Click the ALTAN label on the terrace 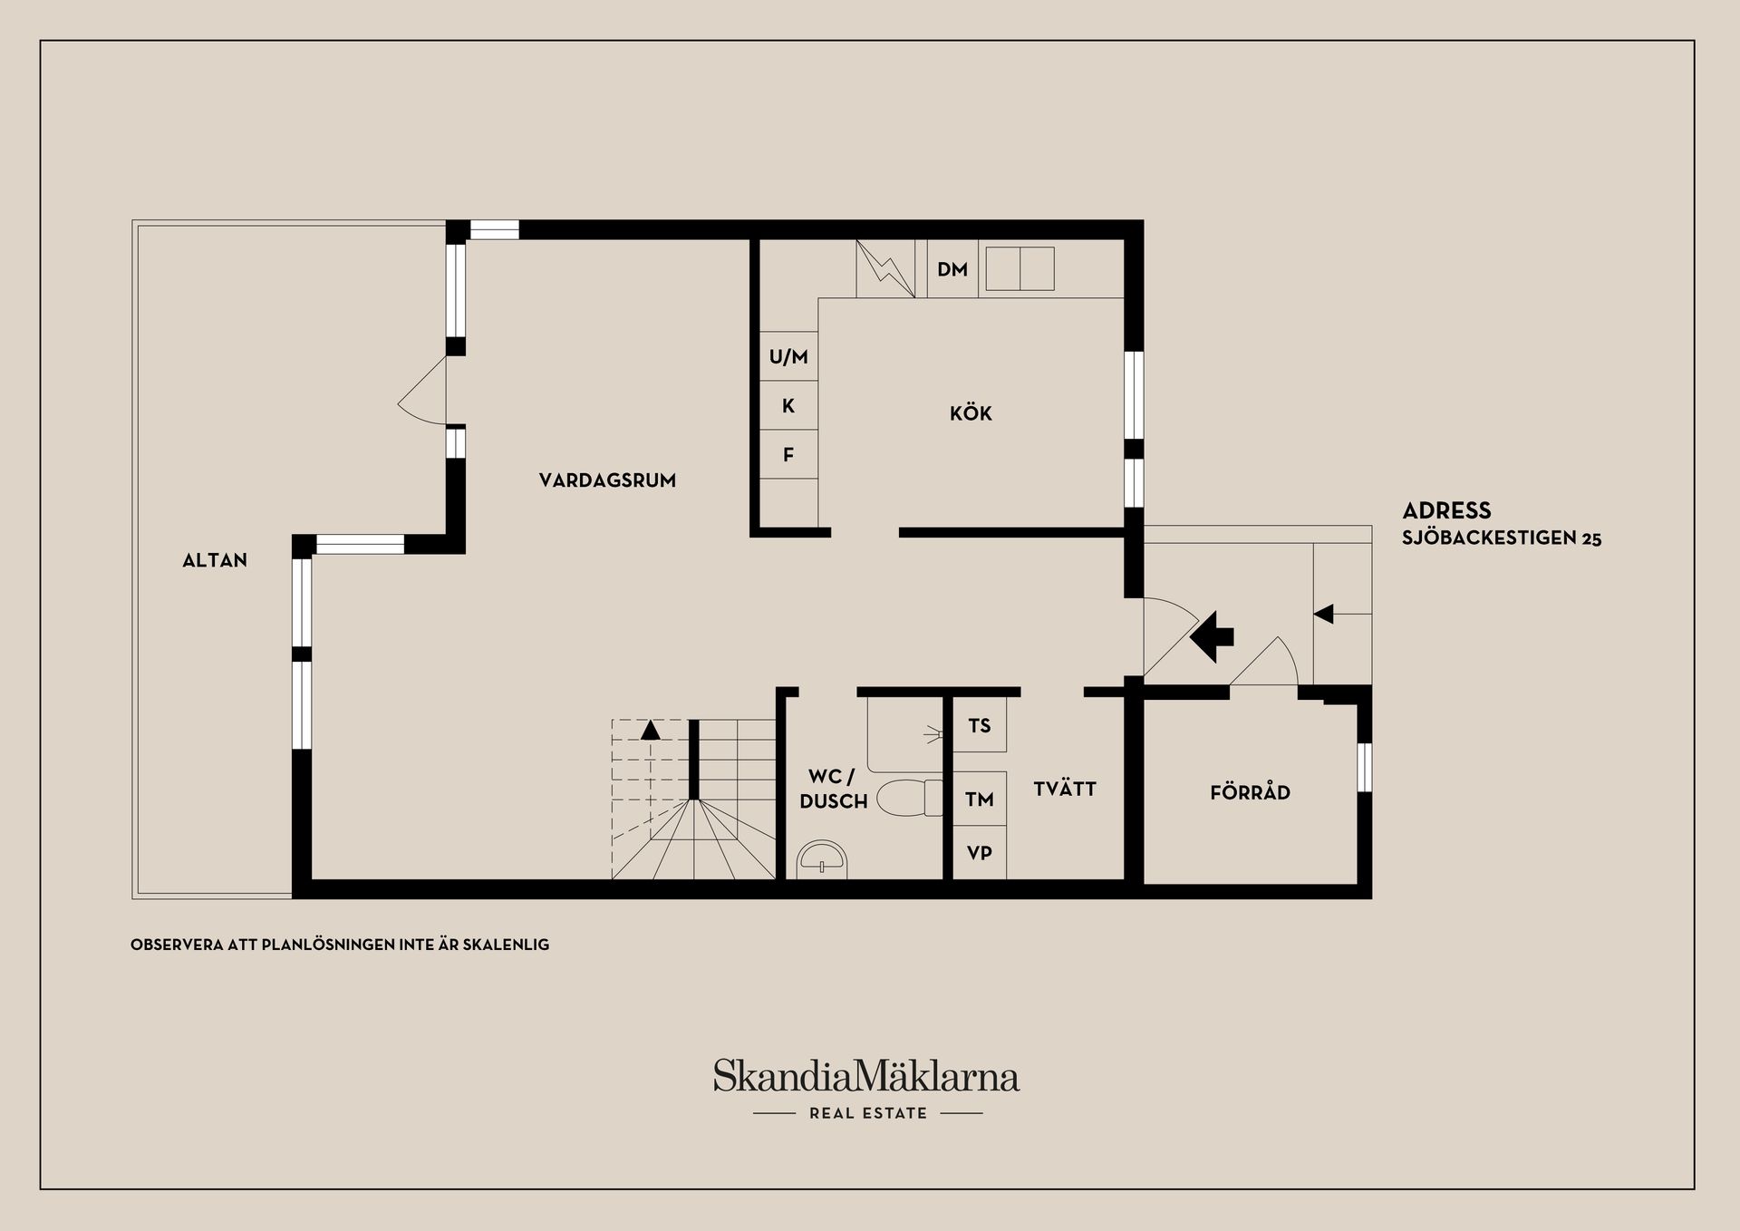[215, 560]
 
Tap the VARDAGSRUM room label [607, 480]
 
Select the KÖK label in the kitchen [971, 413]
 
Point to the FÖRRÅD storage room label [1250, 792]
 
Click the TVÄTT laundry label [1065, 789]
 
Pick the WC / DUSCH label [833, 790]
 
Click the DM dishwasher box [952, 269]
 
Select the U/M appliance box [788, 356]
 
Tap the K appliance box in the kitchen [788, 405]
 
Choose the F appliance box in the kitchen [788, 454]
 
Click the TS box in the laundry [980, 725]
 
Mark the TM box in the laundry [980, 799]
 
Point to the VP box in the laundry [980, 853]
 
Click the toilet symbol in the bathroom [910, 797]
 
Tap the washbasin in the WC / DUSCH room [823, 858]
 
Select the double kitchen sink [1020, 269]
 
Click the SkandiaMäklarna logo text [866, 1076]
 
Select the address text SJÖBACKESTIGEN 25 [1502, 538]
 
